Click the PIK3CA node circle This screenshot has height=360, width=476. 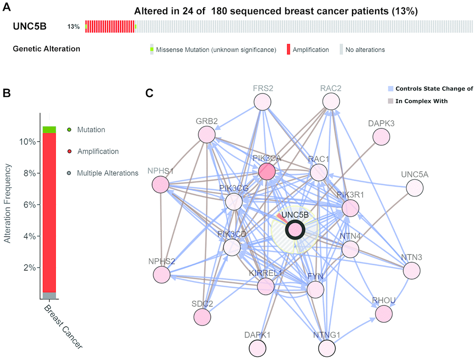pos(266,171)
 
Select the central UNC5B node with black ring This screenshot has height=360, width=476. pos(295,230)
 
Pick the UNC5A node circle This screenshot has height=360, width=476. pos(414,188)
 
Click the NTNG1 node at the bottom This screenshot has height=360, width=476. pos(327,348)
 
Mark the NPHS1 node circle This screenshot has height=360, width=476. pos(160,185)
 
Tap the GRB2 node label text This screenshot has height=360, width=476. pos(207,121)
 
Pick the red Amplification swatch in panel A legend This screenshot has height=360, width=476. pos(289,49)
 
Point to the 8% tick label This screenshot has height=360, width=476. pos(30,173)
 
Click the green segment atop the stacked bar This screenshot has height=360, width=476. pos(49,129)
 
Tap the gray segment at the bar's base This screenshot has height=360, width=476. pos(49,295)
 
